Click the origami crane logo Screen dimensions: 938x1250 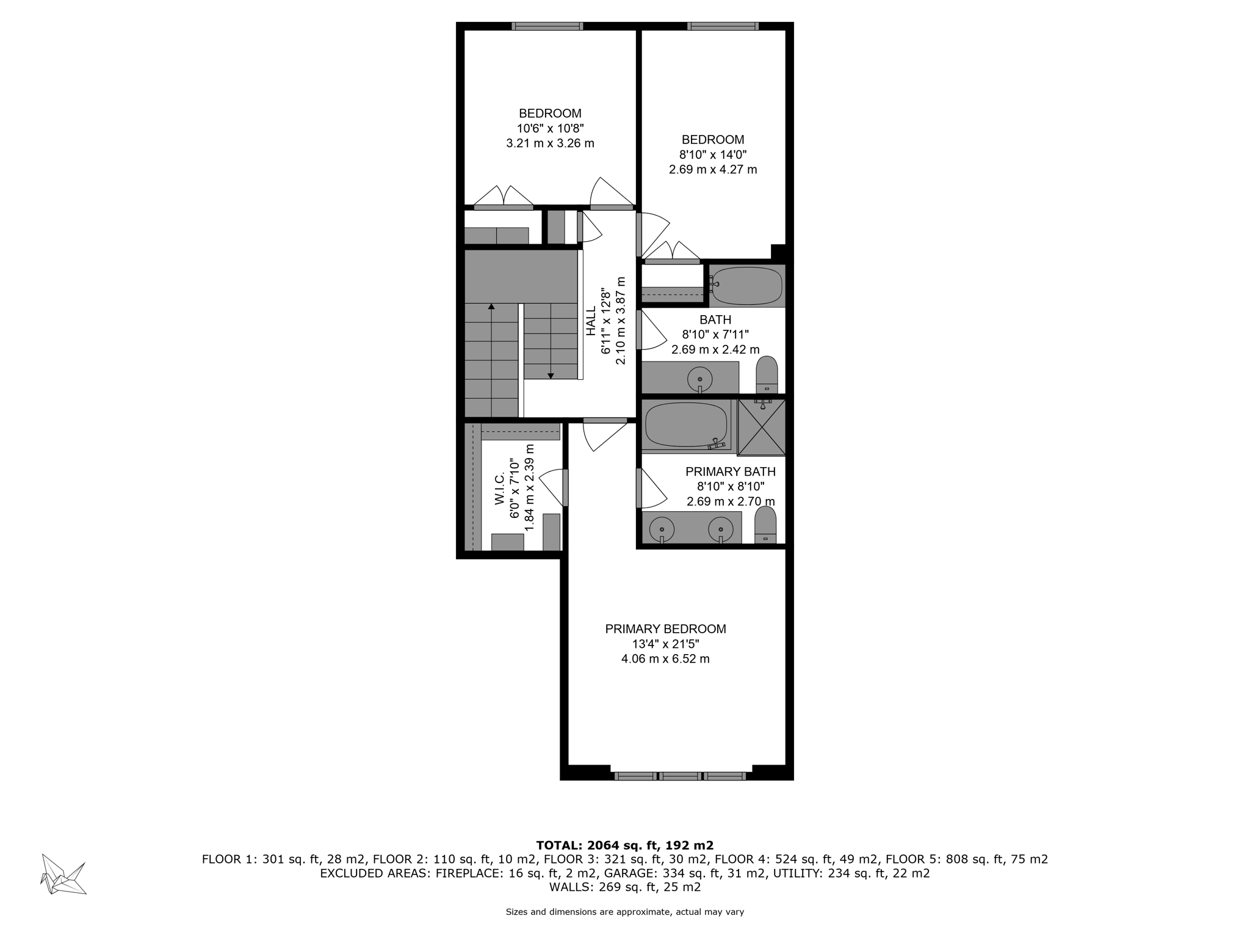coord(63,874)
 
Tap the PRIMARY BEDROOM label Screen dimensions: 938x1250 coord(665,629)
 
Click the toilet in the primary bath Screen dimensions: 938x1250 coord(765,525)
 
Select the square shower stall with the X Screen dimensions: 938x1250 coord(761,428)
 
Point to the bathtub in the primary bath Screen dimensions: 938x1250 coord(686,425)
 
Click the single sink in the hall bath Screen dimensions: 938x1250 coord(699,379)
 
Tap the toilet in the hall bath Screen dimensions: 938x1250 coord(767,374)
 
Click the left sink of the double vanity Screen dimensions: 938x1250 coord(662,528)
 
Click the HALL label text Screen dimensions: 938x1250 coord(591,321)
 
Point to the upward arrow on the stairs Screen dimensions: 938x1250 coord(491,307)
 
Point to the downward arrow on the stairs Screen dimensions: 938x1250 coord(551,375)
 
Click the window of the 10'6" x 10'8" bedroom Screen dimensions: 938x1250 coord(547,26)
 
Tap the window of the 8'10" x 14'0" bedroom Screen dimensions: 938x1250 coord(723,26)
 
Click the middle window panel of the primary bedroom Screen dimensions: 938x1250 coord(680,776)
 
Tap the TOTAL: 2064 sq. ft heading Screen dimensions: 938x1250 coord(624,845)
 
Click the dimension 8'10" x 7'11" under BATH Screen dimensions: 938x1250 coord(715,335)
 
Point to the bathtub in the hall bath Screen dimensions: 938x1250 coord(746,285)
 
